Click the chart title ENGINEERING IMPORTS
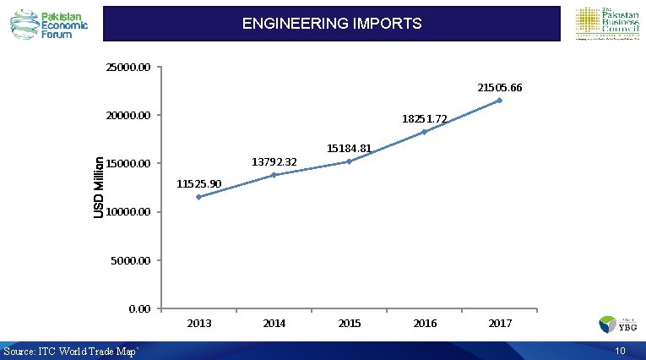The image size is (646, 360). point(332,24)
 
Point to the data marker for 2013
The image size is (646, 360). point(198,197)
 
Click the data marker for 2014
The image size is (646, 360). point(274,175)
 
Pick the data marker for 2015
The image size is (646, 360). point(349,161)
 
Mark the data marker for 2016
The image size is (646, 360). point(424,132)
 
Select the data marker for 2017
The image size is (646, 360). point(499,101)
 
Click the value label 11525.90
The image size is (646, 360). point(199,183)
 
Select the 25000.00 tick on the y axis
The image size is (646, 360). point(128,67)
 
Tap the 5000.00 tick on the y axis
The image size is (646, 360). point(131,260)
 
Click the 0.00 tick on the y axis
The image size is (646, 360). point(139,308)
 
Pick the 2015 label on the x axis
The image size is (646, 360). point(349,324)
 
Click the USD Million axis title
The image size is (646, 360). point(99,188)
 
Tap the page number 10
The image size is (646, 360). point(620,351)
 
